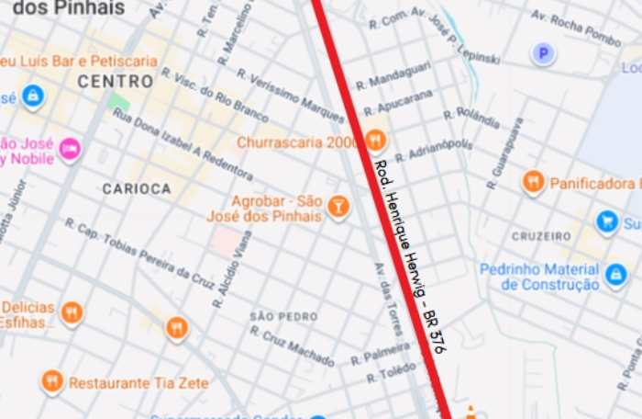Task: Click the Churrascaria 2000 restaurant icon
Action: pos(375,141)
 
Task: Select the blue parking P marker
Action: pos(544,54)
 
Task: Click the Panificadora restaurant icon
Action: pos(533,183)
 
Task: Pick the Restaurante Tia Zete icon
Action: pos(52,380)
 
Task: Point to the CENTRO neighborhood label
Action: pos(116,82)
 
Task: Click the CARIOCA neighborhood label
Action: pos(137,188)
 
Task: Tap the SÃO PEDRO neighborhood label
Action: pos(283,316)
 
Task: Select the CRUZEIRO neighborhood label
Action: pos(541,236)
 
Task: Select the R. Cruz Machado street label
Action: pos(292,345)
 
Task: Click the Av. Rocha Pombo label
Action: pos(576,29)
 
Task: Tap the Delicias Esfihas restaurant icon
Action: pos(71,313)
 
